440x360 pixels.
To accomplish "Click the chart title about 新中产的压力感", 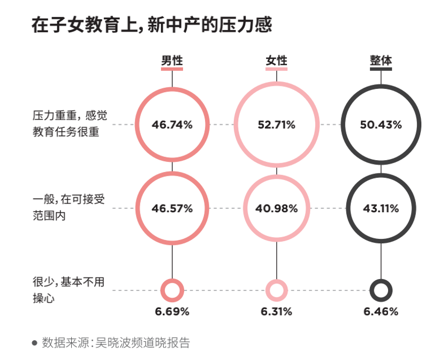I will tap(151, 25).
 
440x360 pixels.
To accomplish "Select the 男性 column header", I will tap(172, 61).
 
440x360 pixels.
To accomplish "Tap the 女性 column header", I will tap(277, 61).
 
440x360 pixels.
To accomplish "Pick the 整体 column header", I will tap(381, 61).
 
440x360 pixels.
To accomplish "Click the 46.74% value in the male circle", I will tap(172, 125).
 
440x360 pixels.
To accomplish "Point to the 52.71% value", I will tap(277, 125).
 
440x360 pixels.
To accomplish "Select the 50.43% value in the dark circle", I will tap(381, 125).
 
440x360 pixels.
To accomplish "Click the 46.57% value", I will tap(172, 208).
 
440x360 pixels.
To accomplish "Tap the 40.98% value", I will tap(277, 208).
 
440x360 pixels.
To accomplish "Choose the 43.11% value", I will tap(381, 208).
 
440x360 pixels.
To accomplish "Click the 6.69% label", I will tap(172, 311).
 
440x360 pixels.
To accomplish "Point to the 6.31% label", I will tap(277, 311).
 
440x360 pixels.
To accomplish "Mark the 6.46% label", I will tap(381, 311).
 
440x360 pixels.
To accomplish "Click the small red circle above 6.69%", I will tap(172, 290).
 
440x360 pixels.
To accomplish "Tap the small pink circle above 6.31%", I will tap(277, 290).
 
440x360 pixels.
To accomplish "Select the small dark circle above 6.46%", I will tap(381, 290).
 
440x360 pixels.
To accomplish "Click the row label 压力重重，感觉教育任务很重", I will tap(66, 123).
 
